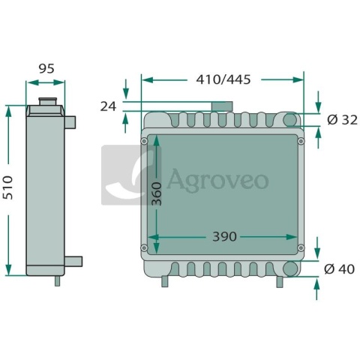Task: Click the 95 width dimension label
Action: pyautogui.click(x=46, y=68)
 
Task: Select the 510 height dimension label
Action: pyautogui.click(x=9, y=187)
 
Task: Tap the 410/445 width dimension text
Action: pyautogui.click(x=223, y=79)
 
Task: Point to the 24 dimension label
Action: pyautogui.click(x=108, y=106)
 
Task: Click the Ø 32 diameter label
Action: pyautogui.click(x=342, y=120)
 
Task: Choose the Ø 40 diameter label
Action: pyautogui.click(x=339, y=269)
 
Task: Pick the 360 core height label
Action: pyautogui.click(x=157, y=194)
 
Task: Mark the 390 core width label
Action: pyautogui.click(x=224, y=236)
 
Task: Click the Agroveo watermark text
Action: pyautogui.click(x=218, y=180)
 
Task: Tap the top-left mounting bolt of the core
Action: pyautogui.click(x=144, y=141)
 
